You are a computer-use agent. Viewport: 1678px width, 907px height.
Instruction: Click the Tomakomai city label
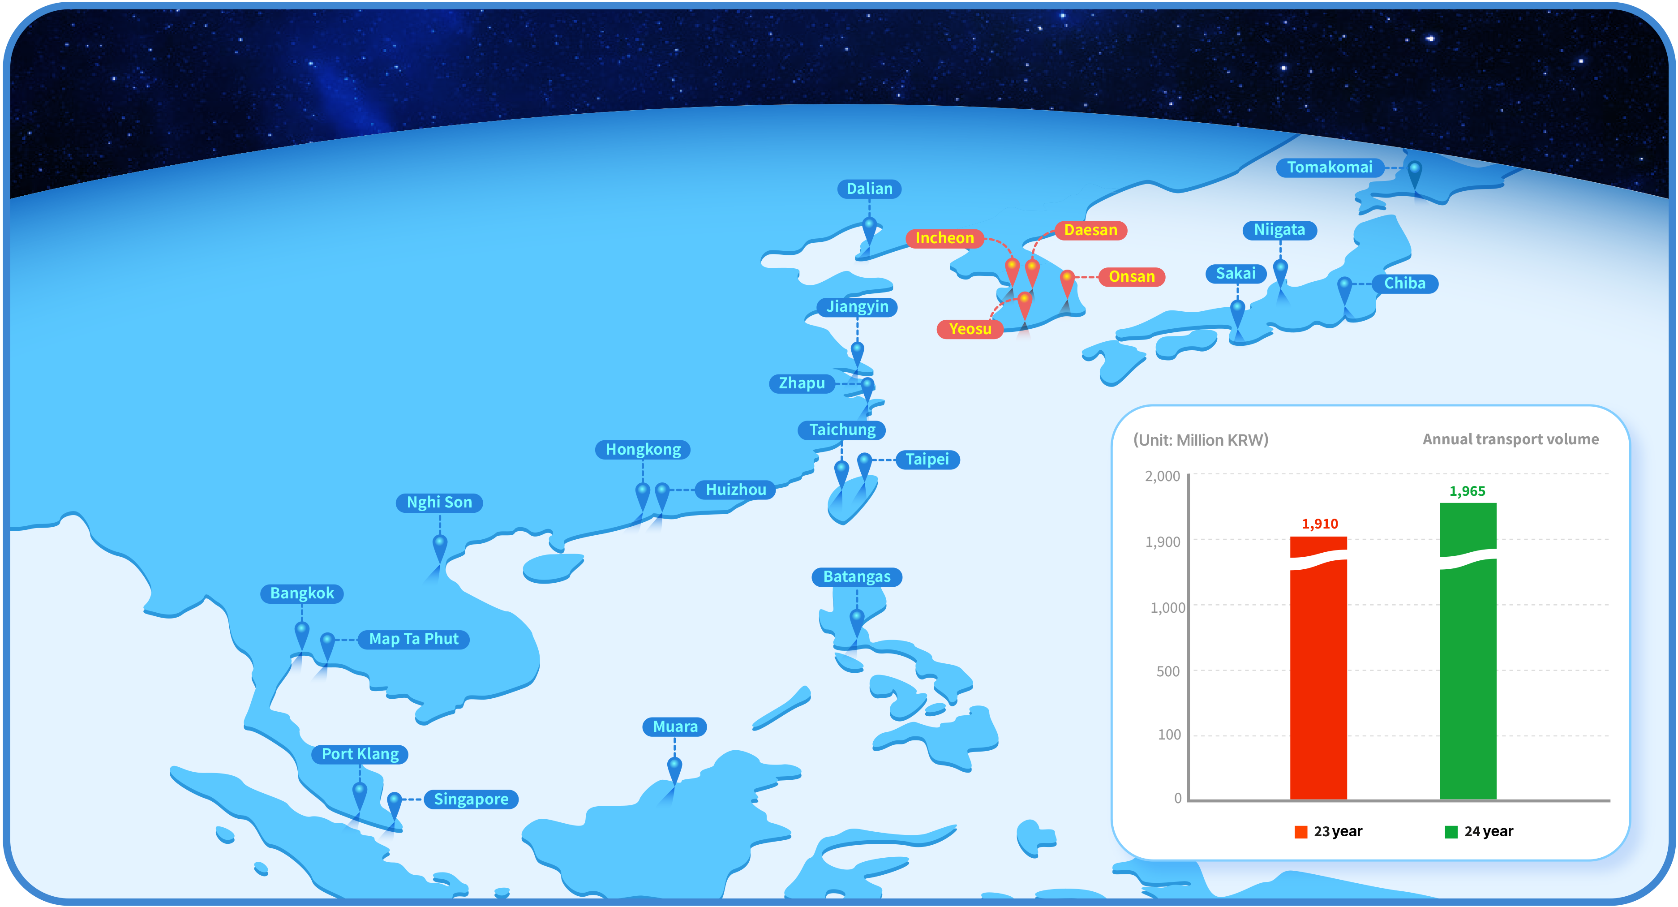(x=1330, y=168)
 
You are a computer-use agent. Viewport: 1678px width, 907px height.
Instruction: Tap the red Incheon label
(x=944, y=238)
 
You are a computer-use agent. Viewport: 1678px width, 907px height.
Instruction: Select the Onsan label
(x=1132, y=276)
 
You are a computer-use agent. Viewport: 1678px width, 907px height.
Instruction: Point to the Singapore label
(x=471, y=799)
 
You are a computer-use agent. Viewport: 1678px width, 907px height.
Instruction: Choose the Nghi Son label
(x=439, y=503)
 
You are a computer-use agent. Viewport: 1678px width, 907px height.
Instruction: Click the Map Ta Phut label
(x=414, y=639)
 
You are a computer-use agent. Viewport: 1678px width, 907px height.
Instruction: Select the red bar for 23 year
(x=1318, y=668)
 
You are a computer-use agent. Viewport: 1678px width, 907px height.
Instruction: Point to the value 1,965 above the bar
(x=1467, y=491)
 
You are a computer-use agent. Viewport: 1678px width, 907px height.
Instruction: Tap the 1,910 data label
(x=1320, y=524)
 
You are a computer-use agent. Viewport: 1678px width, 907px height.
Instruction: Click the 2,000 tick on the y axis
(x=1162, y=476)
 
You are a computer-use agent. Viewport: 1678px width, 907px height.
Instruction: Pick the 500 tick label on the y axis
(x=1167, y=671)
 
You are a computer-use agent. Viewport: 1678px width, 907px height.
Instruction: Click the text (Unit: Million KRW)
(x=1201, y=440)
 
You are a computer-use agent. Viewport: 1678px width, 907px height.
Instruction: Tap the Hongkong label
(x=643, y=450)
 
